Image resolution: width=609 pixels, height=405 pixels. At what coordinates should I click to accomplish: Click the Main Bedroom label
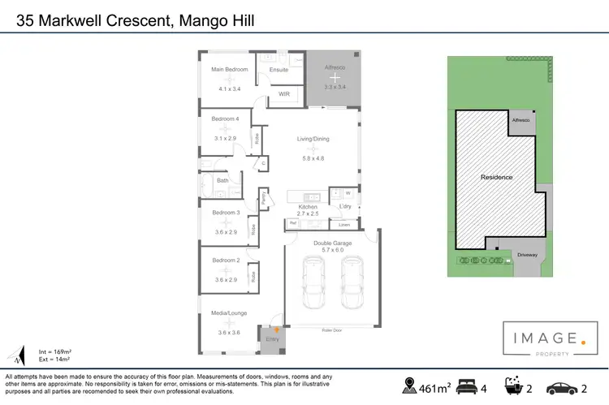pos(229,70)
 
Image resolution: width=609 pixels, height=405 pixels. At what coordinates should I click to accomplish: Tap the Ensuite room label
pos(279,70)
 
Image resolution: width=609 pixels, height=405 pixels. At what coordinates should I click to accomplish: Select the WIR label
pos(284,94)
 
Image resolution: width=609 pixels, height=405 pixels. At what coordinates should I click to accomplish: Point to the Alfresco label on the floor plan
pos(335,69)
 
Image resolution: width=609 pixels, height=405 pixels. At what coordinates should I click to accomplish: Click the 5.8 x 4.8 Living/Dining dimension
pos(313,158)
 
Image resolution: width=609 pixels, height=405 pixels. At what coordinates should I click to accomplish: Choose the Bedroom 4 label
pos(225,119)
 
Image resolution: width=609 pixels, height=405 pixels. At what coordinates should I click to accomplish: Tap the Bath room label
pos(222,181)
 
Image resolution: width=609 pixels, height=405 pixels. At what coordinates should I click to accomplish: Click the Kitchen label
pos(307,207)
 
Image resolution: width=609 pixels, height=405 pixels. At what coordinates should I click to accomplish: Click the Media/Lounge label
pos(229,312)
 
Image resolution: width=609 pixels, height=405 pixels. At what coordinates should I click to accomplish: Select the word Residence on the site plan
pos(496,176)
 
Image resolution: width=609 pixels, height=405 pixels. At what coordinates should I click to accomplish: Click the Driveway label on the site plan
pos(527,255)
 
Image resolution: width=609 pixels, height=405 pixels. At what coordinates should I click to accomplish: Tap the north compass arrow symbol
pos(19,355)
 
